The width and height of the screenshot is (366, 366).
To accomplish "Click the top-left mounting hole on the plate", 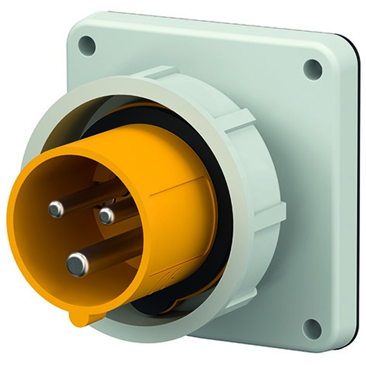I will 87,46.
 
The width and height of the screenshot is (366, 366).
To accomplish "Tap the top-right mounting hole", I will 313,69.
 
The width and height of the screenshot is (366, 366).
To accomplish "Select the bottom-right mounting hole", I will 312,328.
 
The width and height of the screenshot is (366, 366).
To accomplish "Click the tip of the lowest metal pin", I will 78,264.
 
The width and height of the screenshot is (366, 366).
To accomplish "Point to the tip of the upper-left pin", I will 56,209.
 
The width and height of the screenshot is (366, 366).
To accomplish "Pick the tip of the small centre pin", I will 107,216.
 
